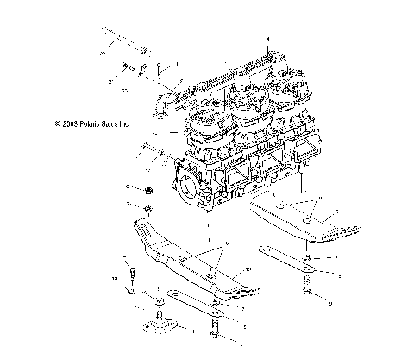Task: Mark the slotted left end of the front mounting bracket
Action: click(x=139, y=228)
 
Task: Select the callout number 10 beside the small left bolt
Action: click(x=113, y=280)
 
